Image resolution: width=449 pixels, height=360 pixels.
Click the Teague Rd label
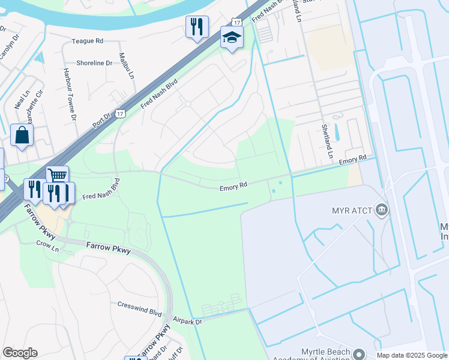pyautogui.click(x=88, y=41)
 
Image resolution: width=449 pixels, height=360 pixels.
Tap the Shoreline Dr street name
pyautogui.click(x=94, y=62)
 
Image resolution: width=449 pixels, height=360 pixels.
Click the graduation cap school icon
pyautogui.click(x=231, y=38)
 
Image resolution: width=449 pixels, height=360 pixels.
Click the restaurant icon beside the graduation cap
pyautogui.click(x=197, y=26)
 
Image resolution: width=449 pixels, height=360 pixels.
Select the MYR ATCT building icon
pyautogui.click(x=381, y=210)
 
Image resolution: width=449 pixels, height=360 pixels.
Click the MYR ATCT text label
pyautogui.click(x=352, y=211)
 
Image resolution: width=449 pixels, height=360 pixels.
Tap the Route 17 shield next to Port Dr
pyautogui.click(x=121, y=113)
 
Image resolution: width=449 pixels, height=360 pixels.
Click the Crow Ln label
pyautogui.click(x=44, y=244)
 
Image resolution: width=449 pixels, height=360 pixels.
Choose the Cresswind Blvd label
pyautogui.click(x=140, y=313)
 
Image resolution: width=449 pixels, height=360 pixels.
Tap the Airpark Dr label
pyautogui.click(x=188, y=322)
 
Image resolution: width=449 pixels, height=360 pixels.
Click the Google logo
pyautogui.click(x=20, y=353)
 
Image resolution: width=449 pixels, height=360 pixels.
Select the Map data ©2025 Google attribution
pyautogui.click(x=412, y=355)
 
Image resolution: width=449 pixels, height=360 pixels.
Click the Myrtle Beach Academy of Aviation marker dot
pyautogui.click(x=360, y=354)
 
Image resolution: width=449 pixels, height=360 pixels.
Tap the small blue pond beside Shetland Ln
pyautogui.click(x=336, y=132)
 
